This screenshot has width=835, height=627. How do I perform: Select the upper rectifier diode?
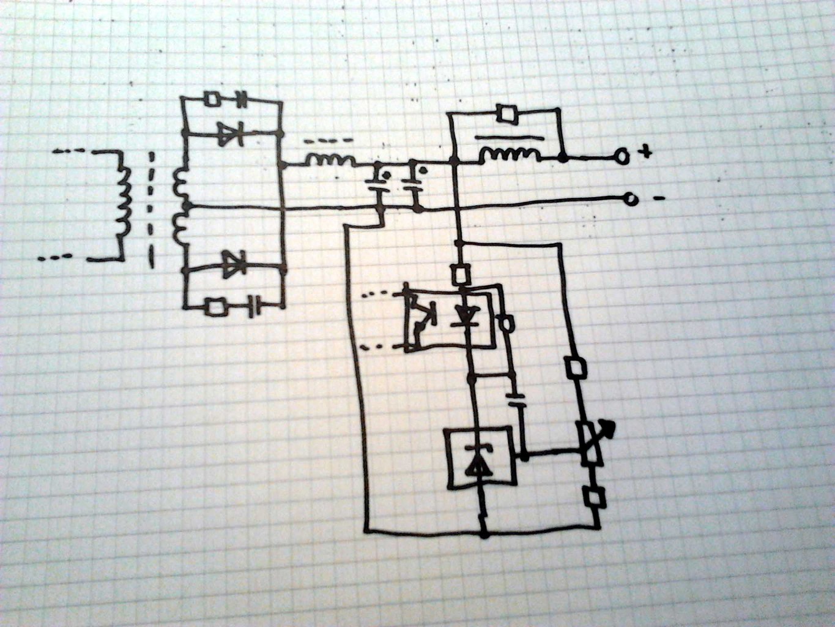point(231,133)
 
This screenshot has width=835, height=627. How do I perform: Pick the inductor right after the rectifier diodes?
point(330,161)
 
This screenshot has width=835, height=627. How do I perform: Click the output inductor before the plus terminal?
point(510,156)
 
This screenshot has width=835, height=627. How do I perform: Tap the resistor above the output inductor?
point(507,113)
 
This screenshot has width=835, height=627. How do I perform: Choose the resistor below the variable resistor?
point(593,498)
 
